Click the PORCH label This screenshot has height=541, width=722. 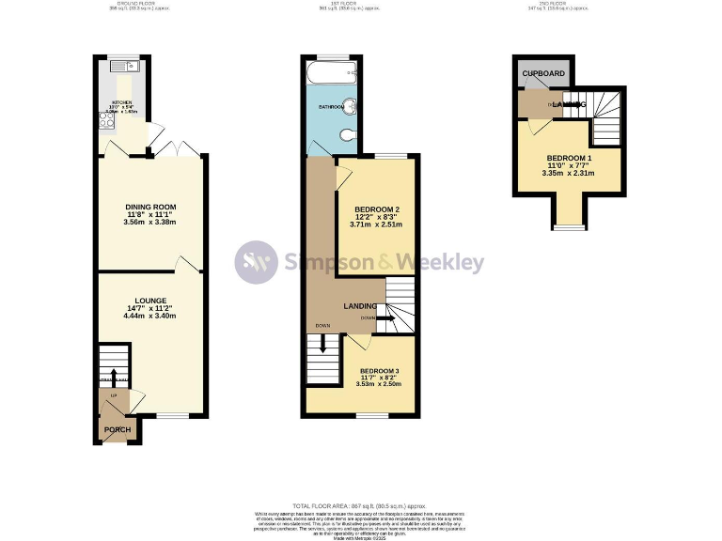click(x=118, y=431)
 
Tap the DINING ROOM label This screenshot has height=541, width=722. click(x=151, y=207)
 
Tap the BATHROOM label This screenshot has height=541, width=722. click(x=330, y=107)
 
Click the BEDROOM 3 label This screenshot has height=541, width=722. click(x=379, y=370)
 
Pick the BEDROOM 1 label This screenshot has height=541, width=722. click(x=570, y=157)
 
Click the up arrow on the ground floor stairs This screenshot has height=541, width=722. click(x=115, y=376)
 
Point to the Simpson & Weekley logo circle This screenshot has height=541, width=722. click(x=256, y=262)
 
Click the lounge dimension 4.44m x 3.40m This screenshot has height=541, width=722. click(x=151, y=316)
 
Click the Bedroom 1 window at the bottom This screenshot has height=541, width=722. click(x=567, y=226)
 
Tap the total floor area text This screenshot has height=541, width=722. click(x=361, y=504)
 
